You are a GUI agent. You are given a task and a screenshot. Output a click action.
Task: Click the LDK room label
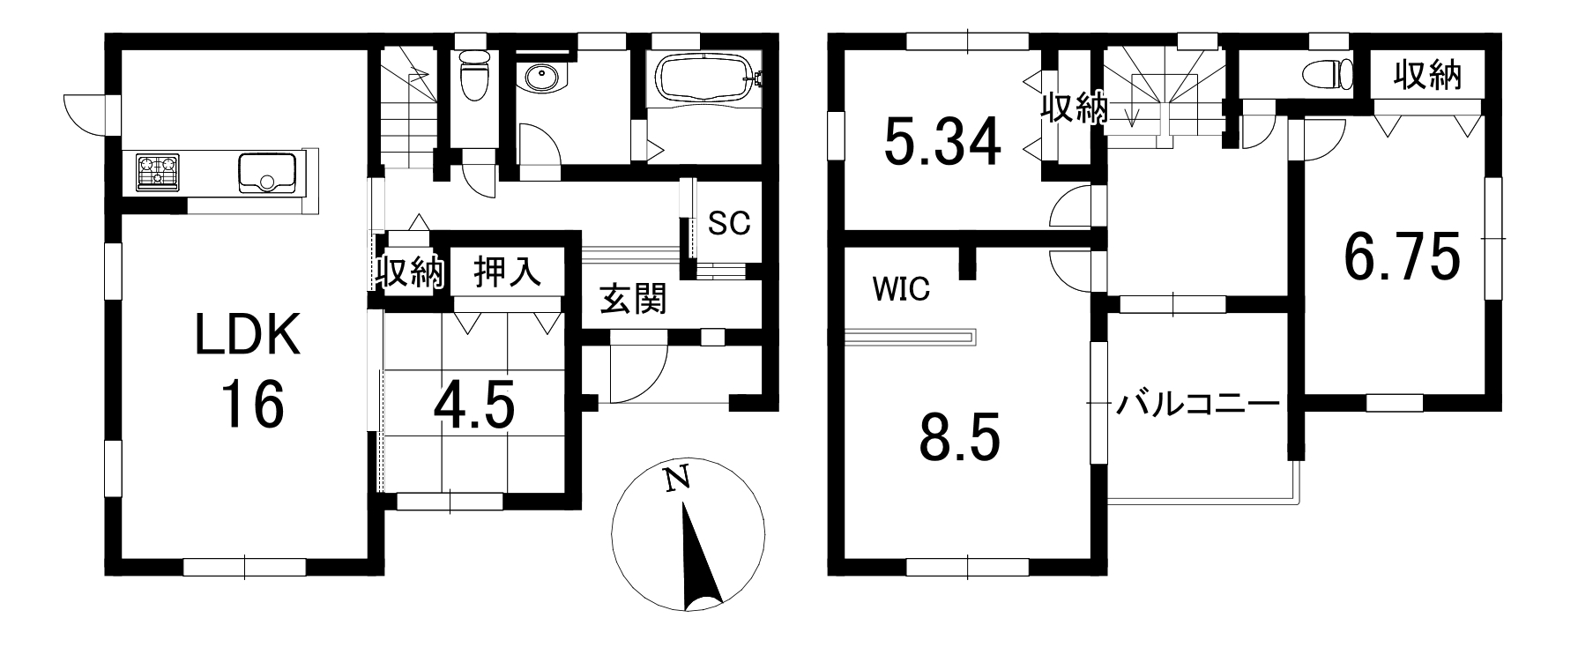point(249,337)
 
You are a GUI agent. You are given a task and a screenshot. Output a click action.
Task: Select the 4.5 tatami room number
point(473,406)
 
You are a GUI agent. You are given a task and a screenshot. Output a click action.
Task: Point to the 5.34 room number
point(942,141)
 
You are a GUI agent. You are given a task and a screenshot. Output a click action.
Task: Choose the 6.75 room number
point(1401,256)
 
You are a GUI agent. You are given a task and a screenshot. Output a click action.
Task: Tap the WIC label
point(901,289)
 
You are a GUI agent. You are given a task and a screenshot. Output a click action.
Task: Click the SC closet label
point(729,223)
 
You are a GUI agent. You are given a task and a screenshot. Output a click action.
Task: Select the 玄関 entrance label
point(633,300)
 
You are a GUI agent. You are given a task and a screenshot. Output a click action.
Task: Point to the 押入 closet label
point(507,272)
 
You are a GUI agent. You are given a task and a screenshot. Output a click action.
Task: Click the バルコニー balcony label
point(1197,405)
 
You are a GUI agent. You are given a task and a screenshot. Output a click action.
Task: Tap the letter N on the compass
point(677,479)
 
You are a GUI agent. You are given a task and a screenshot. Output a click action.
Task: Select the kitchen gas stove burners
point(158,172)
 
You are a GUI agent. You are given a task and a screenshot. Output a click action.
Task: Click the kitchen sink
point(266,173)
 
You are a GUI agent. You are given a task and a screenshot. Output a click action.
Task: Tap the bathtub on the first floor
point(703,78)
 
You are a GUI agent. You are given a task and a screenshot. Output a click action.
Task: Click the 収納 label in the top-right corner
point(1427,77)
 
